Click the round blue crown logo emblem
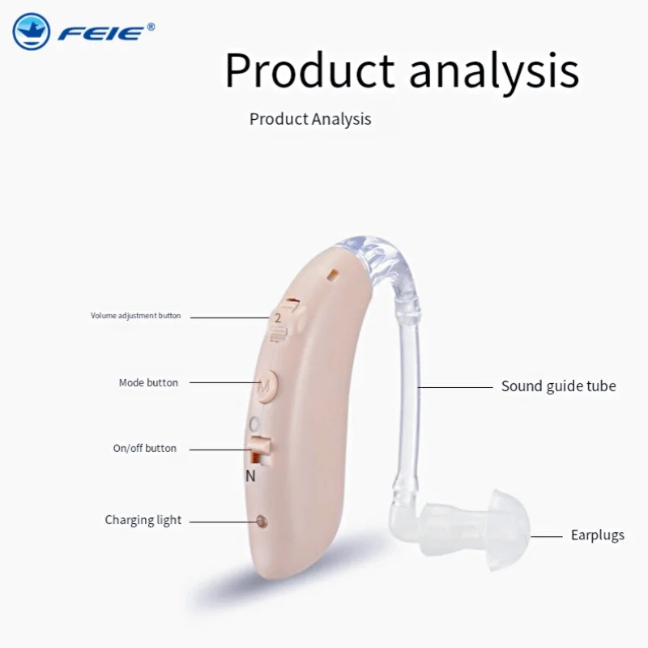(32, 32)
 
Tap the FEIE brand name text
(101, 33)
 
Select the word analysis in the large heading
(494, 71)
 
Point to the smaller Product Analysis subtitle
(310, 119)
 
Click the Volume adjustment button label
(135, 316)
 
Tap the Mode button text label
(148, 382)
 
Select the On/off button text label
(145, 449)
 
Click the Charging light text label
(143, 520)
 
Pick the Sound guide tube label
(558, 386)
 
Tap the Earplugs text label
(598, 535)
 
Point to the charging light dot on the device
(261, 521)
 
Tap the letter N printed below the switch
(250, 476)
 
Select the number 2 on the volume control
(278, 318)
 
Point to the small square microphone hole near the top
(333, 275)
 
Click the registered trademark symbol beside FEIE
(151, 27)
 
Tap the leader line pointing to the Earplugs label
(546, 537)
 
